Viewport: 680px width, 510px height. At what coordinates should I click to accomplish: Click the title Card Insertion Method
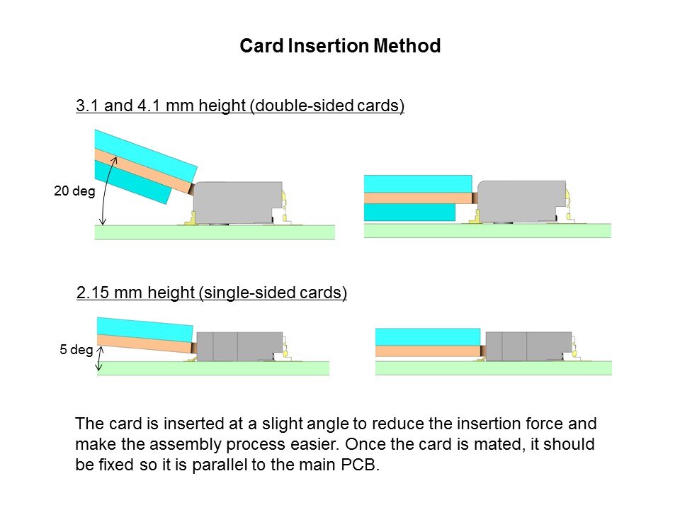[340, 45]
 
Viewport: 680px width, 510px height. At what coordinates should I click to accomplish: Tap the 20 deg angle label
[74, 191]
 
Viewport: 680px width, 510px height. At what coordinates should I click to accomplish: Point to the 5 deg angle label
[76, 349]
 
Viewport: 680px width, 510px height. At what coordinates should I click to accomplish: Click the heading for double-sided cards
[240, 106]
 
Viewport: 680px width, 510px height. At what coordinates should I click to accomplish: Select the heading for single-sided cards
[212, 293]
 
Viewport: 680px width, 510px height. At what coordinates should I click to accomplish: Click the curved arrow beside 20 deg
[106, 191]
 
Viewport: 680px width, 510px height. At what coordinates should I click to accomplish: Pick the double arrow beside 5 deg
[100, 358]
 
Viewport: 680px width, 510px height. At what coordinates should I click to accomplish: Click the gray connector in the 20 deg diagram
[237, 202]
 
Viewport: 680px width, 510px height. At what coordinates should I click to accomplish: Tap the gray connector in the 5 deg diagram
[239, 346]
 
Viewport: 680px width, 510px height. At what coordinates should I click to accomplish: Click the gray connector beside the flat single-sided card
[528, 346]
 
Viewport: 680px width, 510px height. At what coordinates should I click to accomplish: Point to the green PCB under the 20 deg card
[215, 232]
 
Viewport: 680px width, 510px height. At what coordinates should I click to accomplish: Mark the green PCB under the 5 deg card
[213, 368]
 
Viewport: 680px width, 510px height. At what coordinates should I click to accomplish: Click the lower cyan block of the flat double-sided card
[409, 212]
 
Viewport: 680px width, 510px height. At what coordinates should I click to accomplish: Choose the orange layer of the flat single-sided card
[428, 351]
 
